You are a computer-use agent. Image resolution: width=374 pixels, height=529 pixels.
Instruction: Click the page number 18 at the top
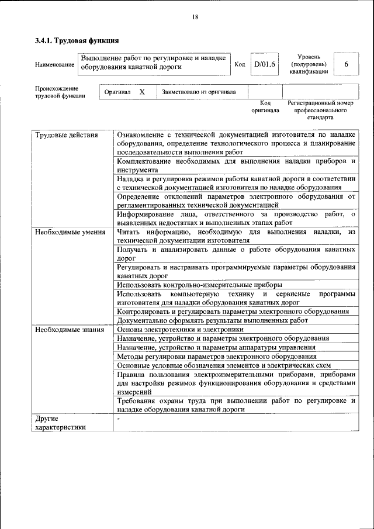[195, 17]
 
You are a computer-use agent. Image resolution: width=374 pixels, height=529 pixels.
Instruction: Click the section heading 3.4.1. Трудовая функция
[77, 41]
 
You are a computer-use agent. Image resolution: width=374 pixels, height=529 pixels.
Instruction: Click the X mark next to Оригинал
[142, 92]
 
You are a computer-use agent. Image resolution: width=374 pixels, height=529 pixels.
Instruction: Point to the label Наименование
[55, 64]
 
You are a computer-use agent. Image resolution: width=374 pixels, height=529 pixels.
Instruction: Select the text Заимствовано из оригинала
[199, 92]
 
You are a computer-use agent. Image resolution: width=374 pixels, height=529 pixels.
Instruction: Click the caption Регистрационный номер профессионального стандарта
[320, 110]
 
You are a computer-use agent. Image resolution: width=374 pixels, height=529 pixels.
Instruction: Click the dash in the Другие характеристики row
[118, 419]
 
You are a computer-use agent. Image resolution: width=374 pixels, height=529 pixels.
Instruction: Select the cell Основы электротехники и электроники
[180, 329]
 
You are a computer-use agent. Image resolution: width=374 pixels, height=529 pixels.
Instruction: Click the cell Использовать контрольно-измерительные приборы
[192, 285]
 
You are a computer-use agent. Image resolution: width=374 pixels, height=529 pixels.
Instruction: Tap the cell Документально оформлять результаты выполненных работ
[212, 320]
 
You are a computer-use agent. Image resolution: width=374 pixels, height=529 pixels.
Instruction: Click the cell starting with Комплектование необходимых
[236, 164]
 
